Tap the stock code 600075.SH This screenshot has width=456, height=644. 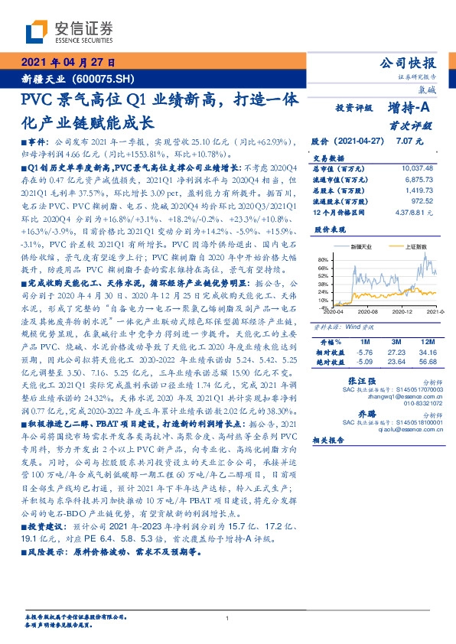[107, 79]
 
